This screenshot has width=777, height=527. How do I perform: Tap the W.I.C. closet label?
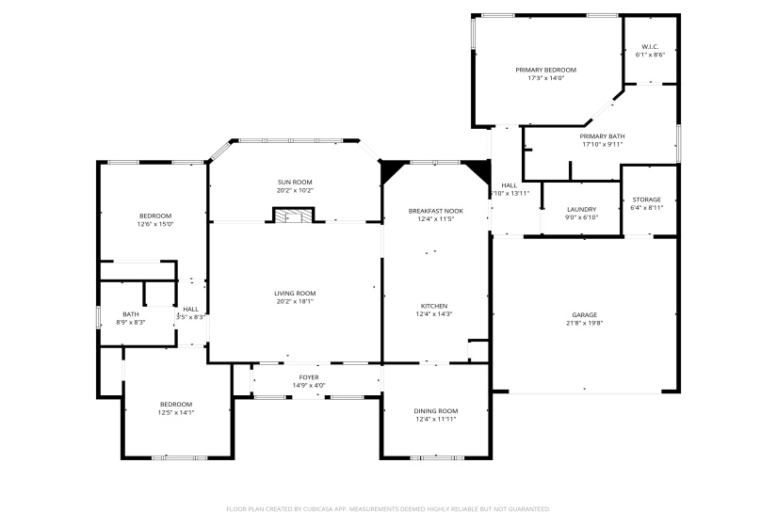click(650, 46)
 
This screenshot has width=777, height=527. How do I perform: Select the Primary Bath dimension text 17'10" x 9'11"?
click(603, 145)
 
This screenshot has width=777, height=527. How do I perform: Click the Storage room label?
click(646, 200)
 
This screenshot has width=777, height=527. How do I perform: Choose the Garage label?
click(584, 314)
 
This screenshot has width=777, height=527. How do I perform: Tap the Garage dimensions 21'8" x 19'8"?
click(584, 323)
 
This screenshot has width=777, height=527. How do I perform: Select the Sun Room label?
click(295, 182)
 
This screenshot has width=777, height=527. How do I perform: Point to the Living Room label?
click(295, 293)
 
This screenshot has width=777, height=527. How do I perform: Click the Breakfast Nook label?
click(436, 210)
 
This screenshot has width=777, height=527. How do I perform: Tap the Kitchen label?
click(436, 305)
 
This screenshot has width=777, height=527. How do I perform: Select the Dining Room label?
click(436, 410)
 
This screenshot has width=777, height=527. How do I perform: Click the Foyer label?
click(309, 376)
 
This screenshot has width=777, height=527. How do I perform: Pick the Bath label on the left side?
click(131, 314)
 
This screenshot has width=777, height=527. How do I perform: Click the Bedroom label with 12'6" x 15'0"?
click(155, 216)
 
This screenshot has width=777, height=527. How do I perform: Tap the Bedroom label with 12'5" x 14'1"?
click(175, 404)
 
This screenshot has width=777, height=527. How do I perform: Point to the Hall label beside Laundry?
click(510, 184)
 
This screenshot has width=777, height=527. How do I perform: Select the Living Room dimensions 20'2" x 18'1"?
click(295, 301)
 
